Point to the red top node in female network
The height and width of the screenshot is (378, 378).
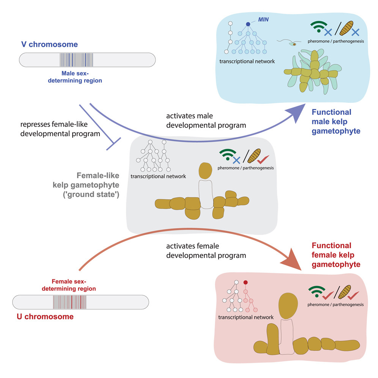point(246,283)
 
